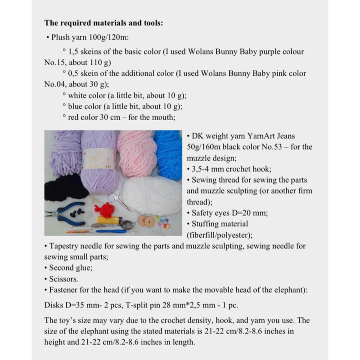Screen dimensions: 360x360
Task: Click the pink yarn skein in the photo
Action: [137, 153]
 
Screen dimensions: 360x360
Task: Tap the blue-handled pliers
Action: [72, 211]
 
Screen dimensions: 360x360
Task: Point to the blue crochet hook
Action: [112, 230]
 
